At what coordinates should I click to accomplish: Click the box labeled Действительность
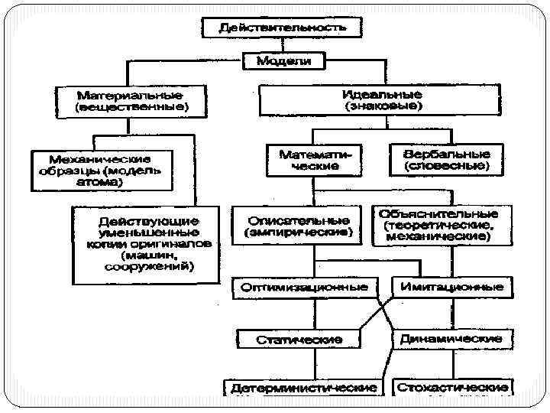[282, 28]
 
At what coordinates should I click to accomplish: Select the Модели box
[283, 60]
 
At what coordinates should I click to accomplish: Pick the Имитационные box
[451, 288]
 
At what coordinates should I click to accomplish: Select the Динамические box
[451, 338]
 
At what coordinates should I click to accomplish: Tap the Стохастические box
[453, 387]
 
